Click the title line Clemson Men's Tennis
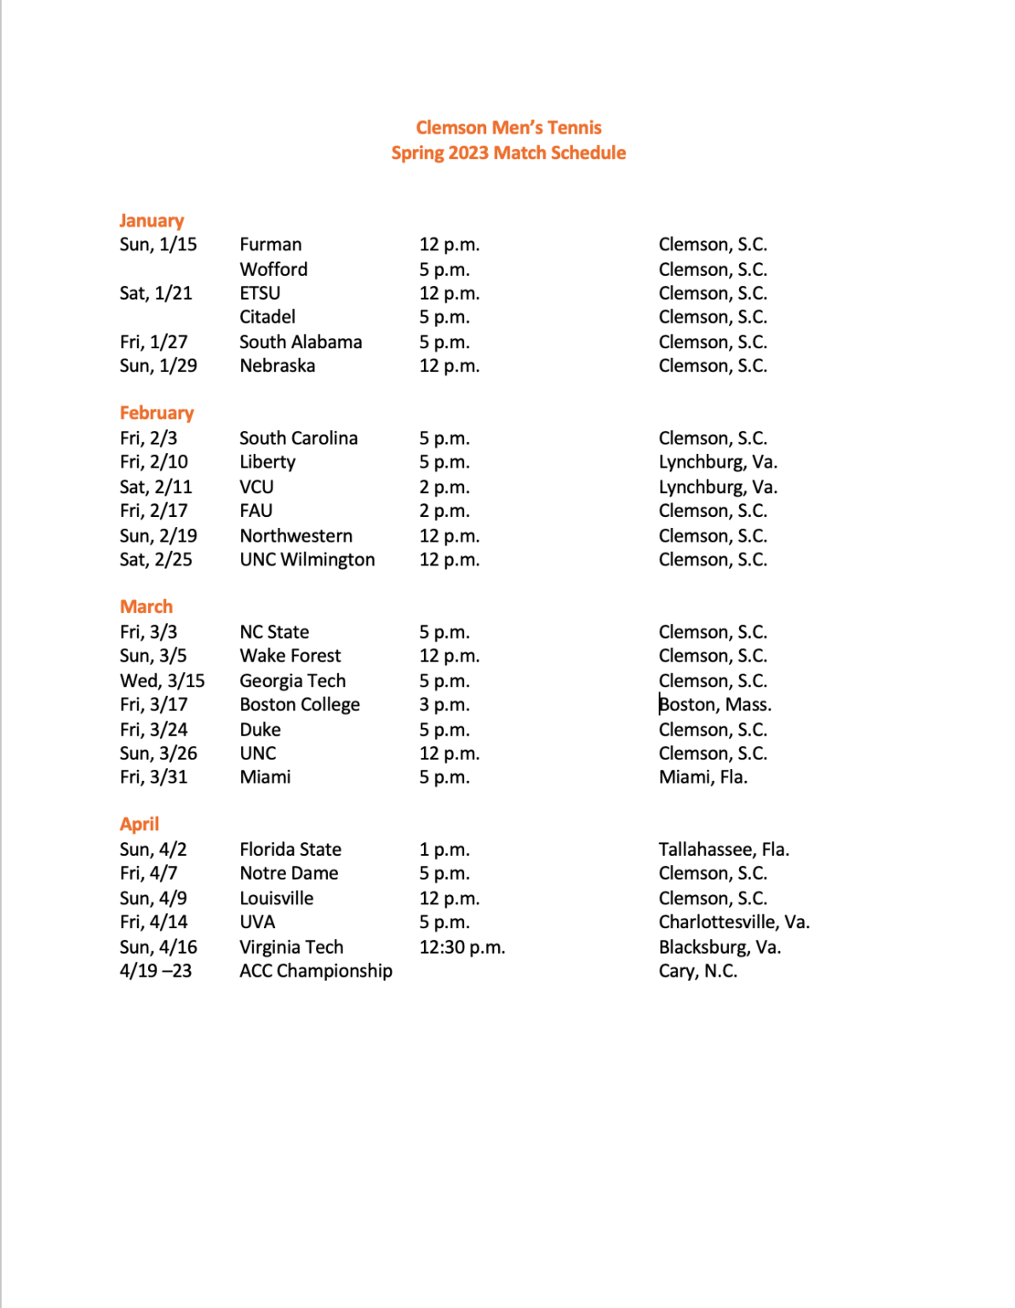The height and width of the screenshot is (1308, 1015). tap(508, 128)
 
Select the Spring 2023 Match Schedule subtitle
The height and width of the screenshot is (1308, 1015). tap(508, 153)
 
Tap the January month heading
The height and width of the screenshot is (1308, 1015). tap(152, 221)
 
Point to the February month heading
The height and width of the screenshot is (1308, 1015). tap(157, 413)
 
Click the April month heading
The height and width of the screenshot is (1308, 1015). tap(139, 824)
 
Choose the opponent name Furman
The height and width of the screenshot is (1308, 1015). tap(271, 245)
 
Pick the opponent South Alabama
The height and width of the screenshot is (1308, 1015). tap(301, 342)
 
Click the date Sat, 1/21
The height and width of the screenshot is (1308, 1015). tap(156, 294)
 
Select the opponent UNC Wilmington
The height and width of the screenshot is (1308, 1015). tap(307, 560)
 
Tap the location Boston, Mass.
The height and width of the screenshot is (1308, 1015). tap(715, 705)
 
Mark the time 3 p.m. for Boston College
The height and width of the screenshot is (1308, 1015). tap(444, 705)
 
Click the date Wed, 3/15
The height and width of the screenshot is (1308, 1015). tap(162, 681)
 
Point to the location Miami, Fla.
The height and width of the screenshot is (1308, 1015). tap(703, 777)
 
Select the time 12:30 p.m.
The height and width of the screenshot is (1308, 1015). tap(462, 948)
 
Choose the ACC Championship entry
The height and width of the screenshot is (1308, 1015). tap(316, 972)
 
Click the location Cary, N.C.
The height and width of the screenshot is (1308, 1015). tap(698, 972)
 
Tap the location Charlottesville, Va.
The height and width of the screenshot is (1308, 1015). tap(734, 922)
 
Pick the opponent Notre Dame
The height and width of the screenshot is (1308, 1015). tap(289, 874)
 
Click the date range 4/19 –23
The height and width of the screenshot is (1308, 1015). tap(156, 972)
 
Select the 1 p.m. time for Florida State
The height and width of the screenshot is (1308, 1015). tap(444, 850)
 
